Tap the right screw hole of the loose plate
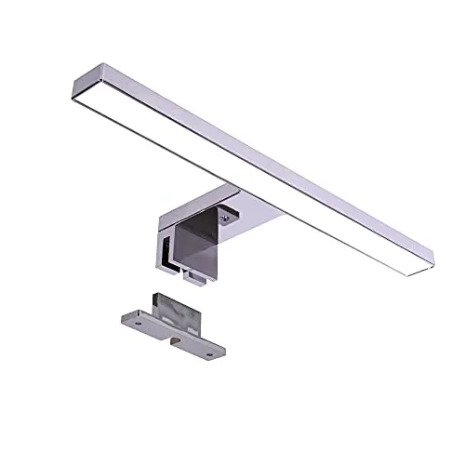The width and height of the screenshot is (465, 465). [x=216, y=352]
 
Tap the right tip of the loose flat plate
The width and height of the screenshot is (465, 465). [x=226, y=354]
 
